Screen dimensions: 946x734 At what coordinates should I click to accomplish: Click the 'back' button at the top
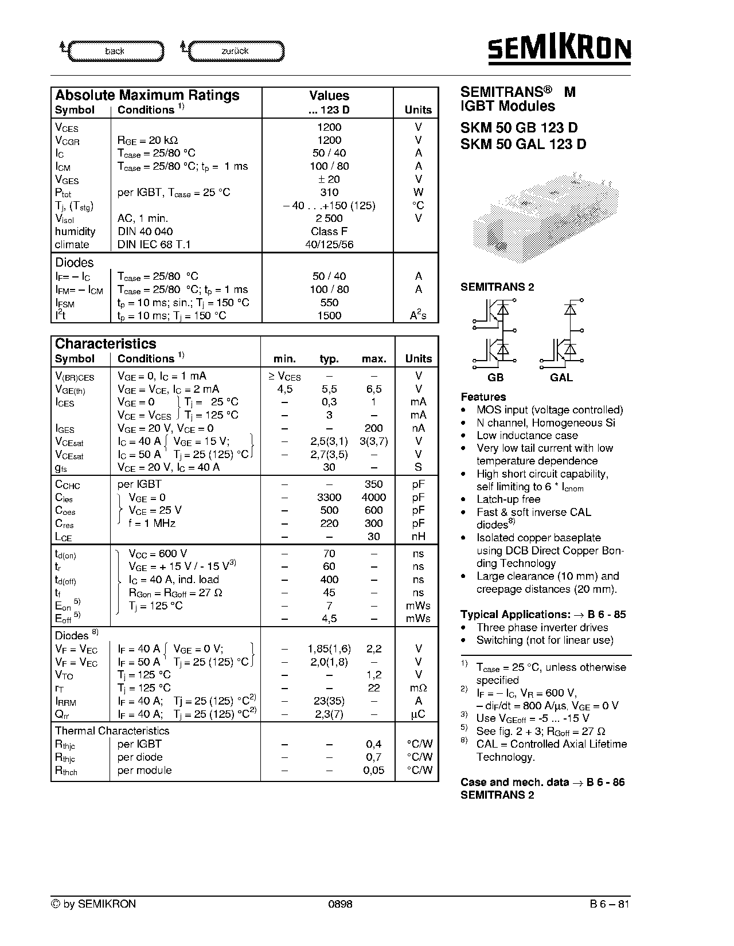pyautogui.click(x=115, y=51)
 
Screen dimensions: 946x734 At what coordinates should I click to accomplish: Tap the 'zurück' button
pyautogui.click(x=235, y=51)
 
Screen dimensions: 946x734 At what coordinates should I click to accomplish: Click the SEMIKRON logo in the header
pyautogui.click(x=559, y=49)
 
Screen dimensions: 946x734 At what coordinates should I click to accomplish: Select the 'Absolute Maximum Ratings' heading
pyautogui.click(x=147, y=95)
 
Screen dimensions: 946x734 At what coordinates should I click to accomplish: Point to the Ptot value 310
pyautogui.click(x=329, y=193)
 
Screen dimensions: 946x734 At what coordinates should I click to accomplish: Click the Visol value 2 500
pyautogui.click(x=329, y=218)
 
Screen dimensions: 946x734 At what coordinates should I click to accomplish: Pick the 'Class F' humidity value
pyautogui.click(x=329, y=232)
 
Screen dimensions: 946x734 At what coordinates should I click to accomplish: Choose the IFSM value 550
pyautogui.click(x=329, y=303)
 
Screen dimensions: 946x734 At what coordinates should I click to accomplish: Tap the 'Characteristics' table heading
pyautogui.click(x=106, y=344)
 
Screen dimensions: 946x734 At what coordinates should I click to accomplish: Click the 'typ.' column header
pyautogui.click(x=329, y=359)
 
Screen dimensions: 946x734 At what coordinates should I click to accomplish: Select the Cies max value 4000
pyautogui.click(x=374, y=498)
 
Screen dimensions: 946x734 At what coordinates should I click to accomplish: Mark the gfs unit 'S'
pyautogui.click(x=418, y=467)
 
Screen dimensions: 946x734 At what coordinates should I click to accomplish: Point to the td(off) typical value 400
pyautogui.click(x=329, y=580)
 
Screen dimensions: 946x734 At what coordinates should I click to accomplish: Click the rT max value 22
pyautogui.click(x=374, y=688)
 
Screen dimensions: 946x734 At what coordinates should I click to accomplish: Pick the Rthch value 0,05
pyautogui.click(x=374, y=771)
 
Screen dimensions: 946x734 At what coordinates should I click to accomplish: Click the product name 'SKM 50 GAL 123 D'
pyautogui.click(x=524, y=144)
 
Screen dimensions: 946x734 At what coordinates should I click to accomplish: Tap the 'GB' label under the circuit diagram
pyautogui.click(x=495, y=377)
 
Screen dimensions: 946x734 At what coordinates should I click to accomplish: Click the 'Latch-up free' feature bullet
pyautogui.click(x=508, y=499)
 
